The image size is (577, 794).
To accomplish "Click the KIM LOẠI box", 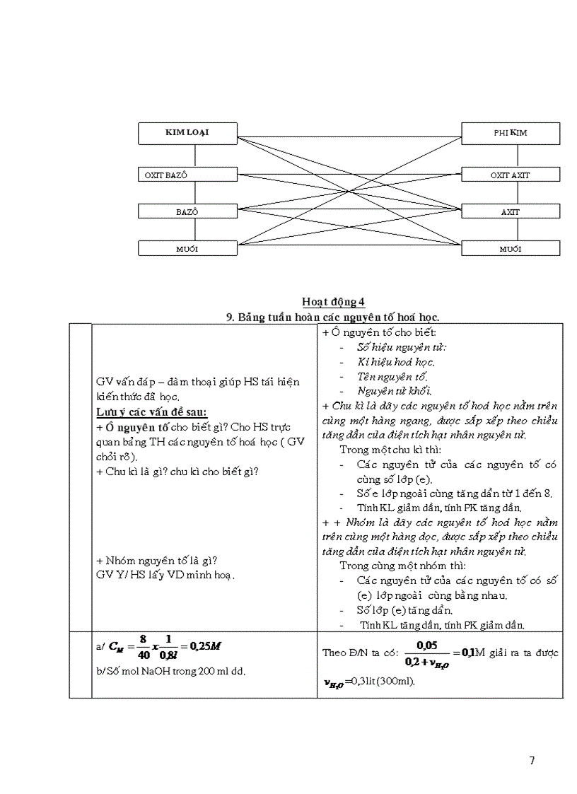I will click(x=187, y=132).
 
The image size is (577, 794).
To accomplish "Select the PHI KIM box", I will click(x=510, y=133).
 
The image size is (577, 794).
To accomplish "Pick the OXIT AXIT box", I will click(x=510, y=175).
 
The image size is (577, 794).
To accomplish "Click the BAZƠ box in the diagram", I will click(x=187, y=211).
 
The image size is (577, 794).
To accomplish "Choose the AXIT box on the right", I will click(x=510, y=211).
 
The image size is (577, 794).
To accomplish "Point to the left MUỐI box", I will click(x=187, y=248).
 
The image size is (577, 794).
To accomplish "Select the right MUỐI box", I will click(x=510, y=248).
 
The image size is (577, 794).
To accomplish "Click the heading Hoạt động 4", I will click(x=333, y=303).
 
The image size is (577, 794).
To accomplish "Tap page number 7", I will click(x=532, y=761).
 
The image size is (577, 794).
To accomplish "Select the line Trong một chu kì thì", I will click(x=389, y=449).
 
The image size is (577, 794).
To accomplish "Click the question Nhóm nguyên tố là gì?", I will click(x=156, y=561).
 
